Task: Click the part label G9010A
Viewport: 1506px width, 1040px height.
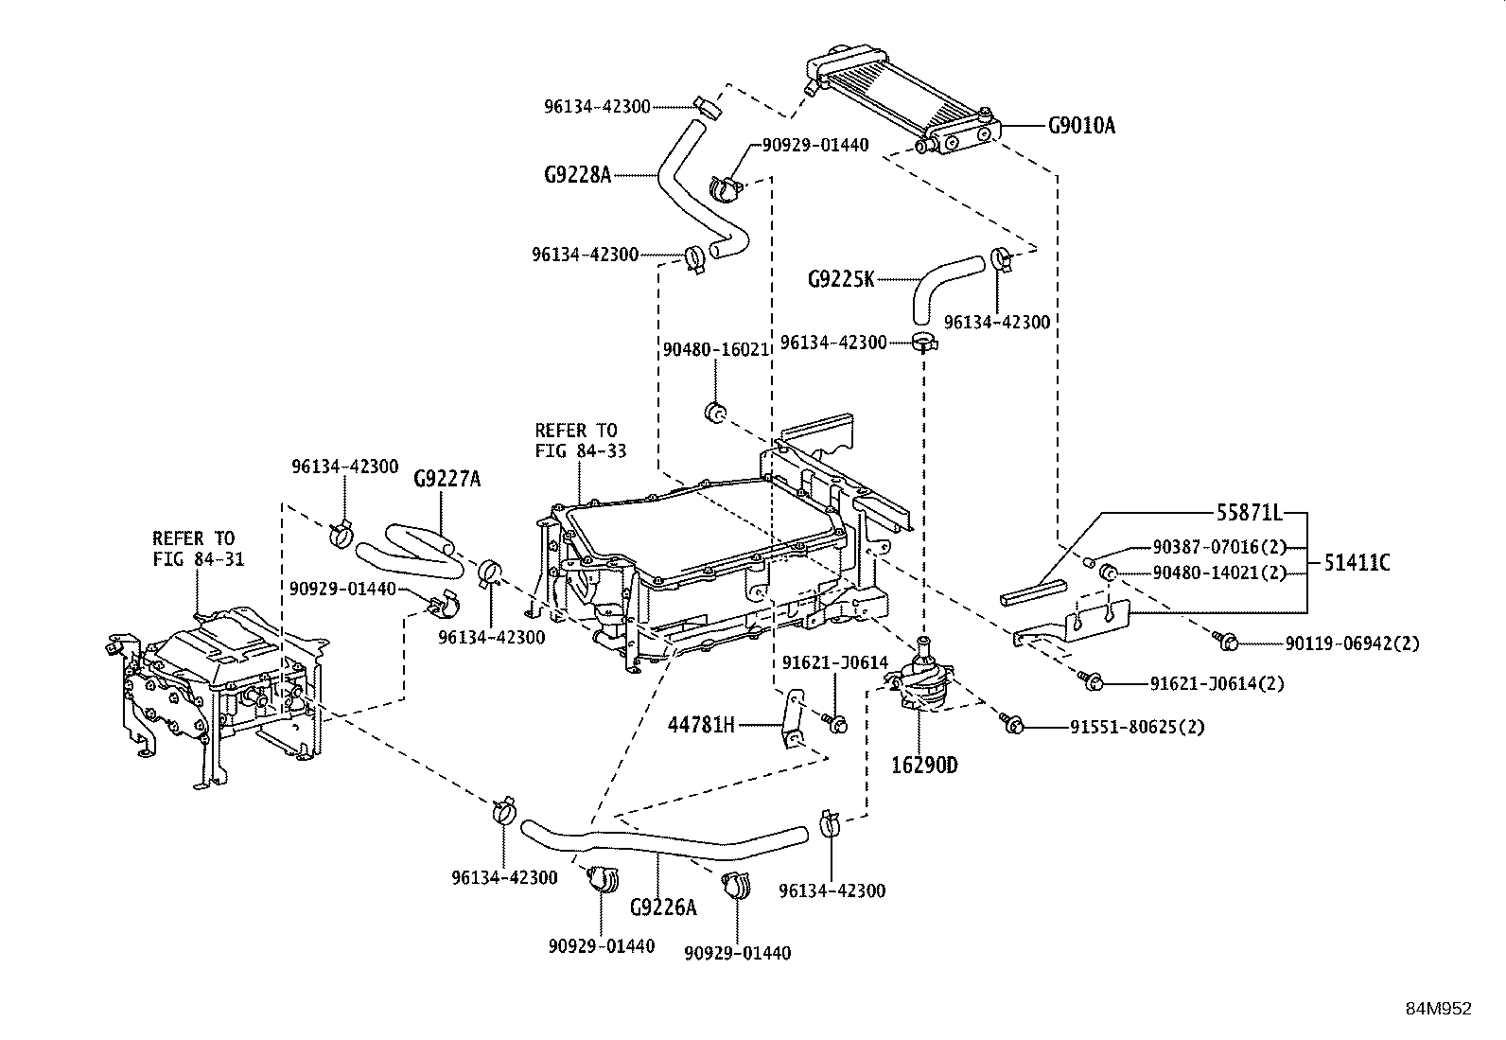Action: coord(1080,125)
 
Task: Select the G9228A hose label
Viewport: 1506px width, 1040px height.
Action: coord(577,174)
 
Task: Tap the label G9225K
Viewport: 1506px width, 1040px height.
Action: coord(841,279)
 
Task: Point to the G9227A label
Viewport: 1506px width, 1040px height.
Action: coord(447,480)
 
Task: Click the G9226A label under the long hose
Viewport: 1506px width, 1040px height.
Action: coord(662,908)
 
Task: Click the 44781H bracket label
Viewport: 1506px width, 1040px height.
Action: coord(701,726)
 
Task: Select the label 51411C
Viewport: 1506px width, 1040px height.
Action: coord(1356,563)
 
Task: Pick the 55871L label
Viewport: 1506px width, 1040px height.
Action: coord(1249,513)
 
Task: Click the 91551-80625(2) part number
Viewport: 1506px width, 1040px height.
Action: coord(1129,728)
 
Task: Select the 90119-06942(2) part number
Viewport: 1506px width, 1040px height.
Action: coord(1352,644)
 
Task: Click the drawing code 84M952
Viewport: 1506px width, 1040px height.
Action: coord(1438,1009)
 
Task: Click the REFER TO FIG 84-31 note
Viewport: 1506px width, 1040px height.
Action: coord(198,549)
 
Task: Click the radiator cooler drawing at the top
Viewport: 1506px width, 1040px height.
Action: coord(903,99)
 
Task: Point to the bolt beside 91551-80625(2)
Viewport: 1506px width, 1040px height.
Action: coord(1010,724)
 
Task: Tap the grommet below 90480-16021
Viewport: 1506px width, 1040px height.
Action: coord(716,413)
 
